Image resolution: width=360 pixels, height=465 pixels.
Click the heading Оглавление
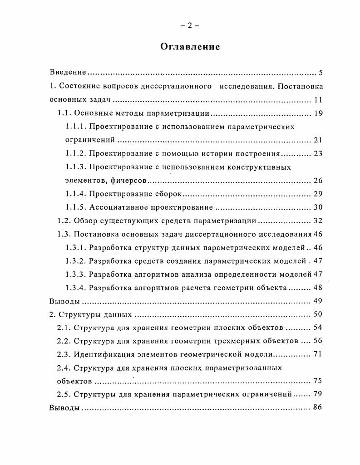point(190,47)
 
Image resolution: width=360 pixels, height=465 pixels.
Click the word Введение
point(67,73)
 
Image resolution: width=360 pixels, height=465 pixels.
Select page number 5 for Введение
point(320,73)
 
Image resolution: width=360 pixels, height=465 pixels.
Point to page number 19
point(318,113)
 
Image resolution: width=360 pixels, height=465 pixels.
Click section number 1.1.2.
point(75,153)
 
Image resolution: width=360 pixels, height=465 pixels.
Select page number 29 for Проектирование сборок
point(318,194)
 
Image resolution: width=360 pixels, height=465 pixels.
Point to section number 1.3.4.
point(75,288)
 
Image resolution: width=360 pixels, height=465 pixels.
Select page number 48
point(318,288)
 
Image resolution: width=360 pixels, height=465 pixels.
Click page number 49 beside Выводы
point(318,301)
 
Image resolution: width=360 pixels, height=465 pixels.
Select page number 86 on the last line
point(318,407)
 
